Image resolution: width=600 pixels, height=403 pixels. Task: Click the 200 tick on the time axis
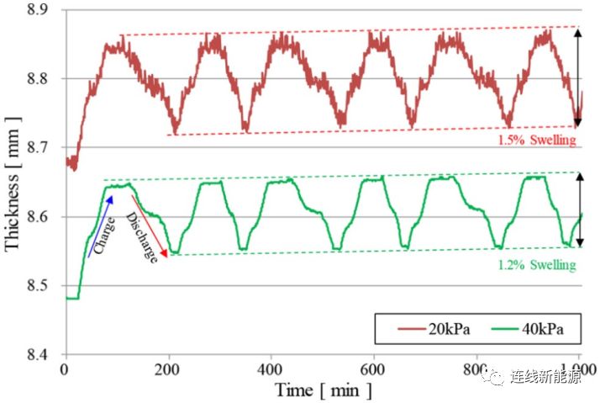coord(168,369)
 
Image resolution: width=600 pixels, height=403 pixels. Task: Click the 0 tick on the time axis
coord(65,369)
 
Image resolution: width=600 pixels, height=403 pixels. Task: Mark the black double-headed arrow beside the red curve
coord(579,77)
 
